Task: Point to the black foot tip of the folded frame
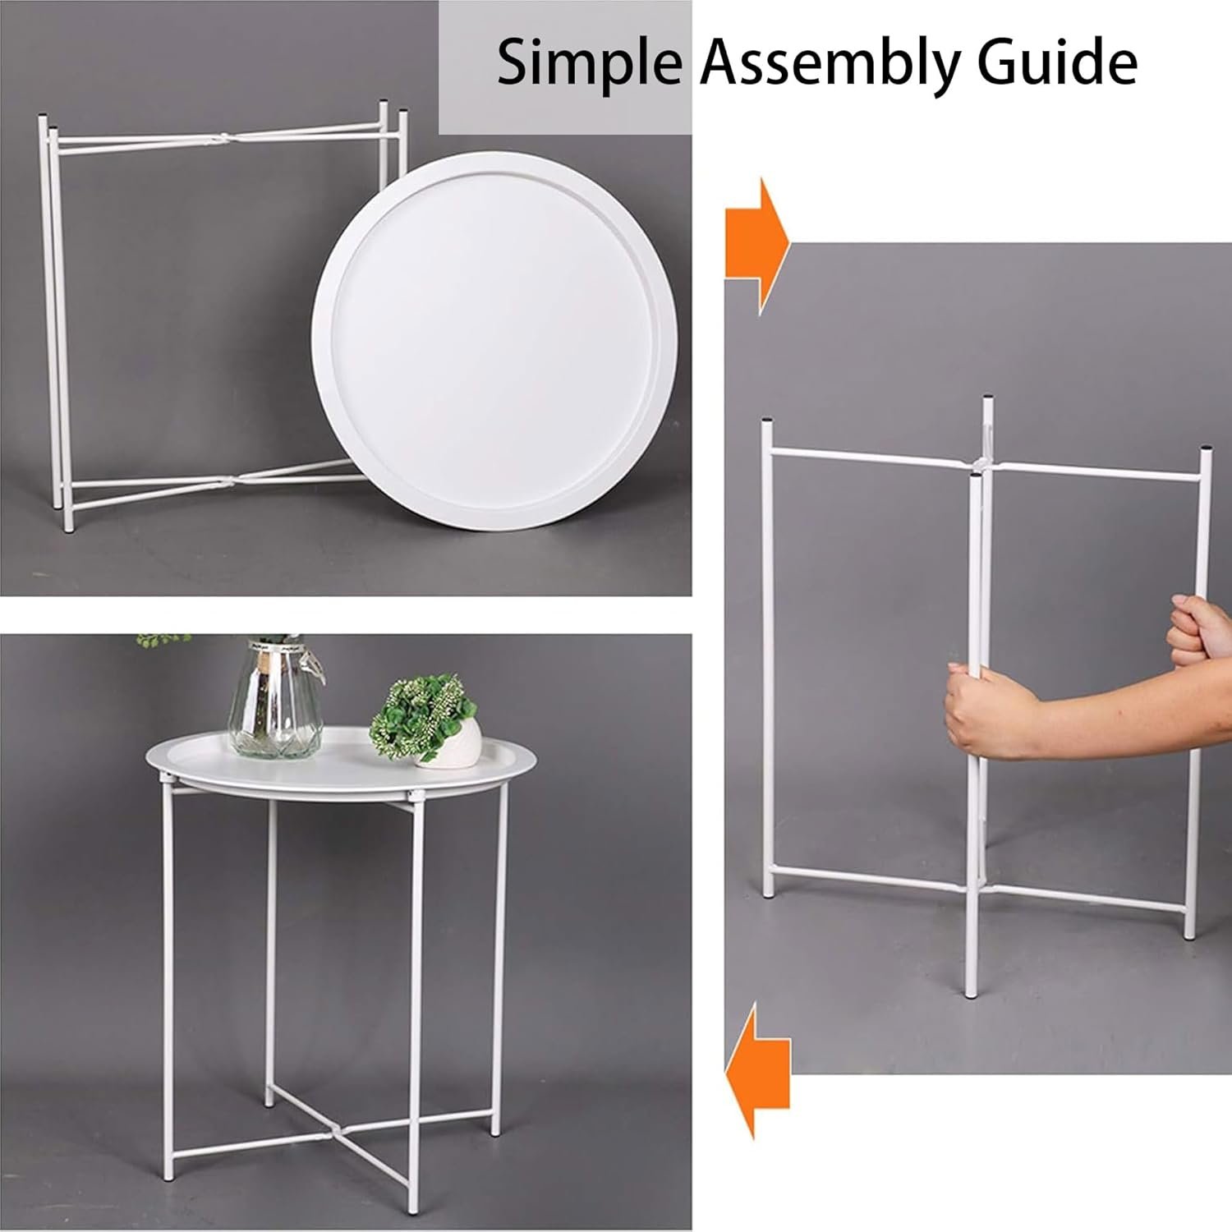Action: tap(68, 528)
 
